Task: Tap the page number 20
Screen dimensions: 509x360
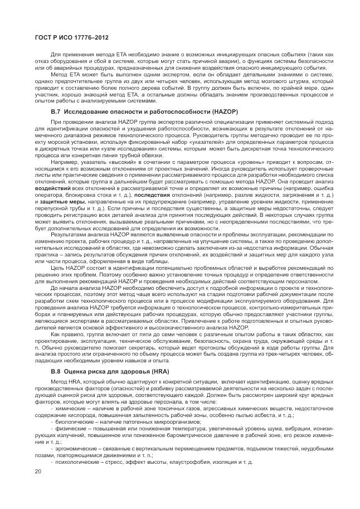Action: [38, 472]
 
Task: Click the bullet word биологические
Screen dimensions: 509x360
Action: [72, 421]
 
